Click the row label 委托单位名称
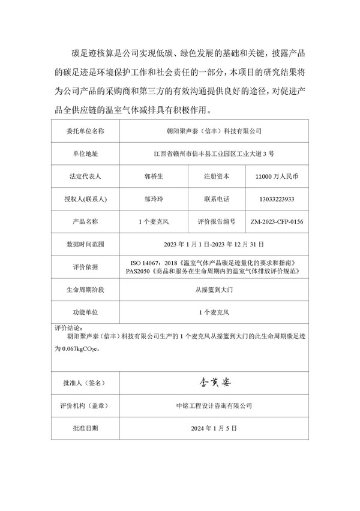pyautogui.click(x=84, y=130)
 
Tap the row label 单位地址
pyautogui.click(x=84, y=154)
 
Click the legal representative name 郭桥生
pyautogui.click(x=154, y=176)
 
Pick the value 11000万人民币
pyautogui.click(x=277, y=176)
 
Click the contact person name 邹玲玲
pyautogui.click(x=154, y=199)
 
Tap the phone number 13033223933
pyautogui.click(x=277, y=199)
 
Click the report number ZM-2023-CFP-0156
pyautogui.click(x=277, y=222)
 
